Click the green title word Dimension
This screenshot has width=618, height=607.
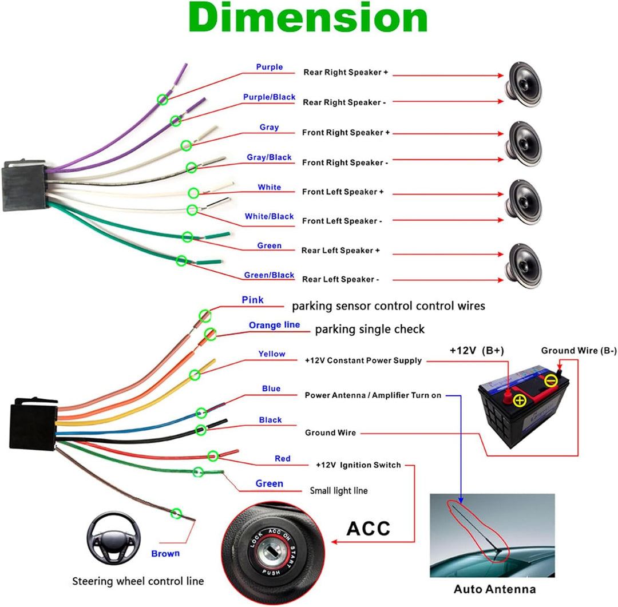pos(308,19)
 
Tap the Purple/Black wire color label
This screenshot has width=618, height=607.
pos(269,97)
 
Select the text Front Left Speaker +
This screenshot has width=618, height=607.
pos(343,192)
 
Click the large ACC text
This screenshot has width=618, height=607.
pos(368,527)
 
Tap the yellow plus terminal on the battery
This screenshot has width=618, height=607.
pos(519,400)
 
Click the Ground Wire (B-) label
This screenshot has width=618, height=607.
pos(579,350)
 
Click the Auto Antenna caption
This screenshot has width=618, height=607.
pos(494,589)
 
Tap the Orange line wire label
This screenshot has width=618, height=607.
pos(274,326)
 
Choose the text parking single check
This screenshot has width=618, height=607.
pos(370,330)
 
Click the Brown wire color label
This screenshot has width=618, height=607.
pos(165,553)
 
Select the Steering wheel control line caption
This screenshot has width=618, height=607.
pos(138,581)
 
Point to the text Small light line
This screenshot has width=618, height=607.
pos(339,490)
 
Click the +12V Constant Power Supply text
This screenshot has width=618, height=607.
pos(363,360)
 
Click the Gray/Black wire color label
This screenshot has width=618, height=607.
pos(269,157)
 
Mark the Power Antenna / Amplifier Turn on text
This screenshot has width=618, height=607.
pos(373,395)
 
